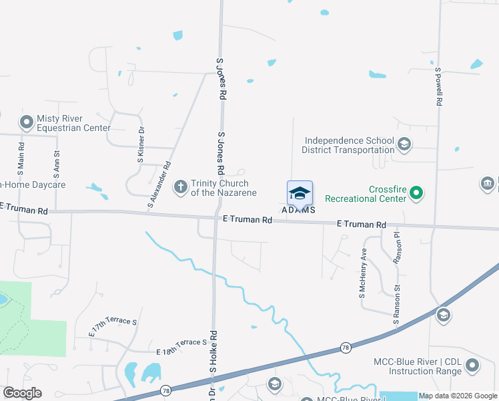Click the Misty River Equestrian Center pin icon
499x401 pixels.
point(26,122)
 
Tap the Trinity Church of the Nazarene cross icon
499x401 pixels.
point(180,188)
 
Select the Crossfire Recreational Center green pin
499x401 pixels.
point(417,194)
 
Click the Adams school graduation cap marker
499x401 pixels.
point(300,193)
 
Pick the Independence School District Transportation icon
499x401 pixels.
point(404,144)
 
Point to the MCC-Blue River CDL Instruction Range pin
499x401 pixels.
point(472,366)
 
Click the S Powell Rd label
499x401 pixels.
point(439,87)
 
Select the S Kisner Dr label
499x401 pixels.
point(141,143)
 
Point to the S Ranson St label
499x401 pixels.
point(396,305)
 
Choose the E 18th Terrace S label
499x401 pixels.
point(181,347)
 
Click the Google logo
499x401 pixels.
point(22,392)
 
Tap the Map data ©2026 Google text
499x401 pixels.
point(457,396)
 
